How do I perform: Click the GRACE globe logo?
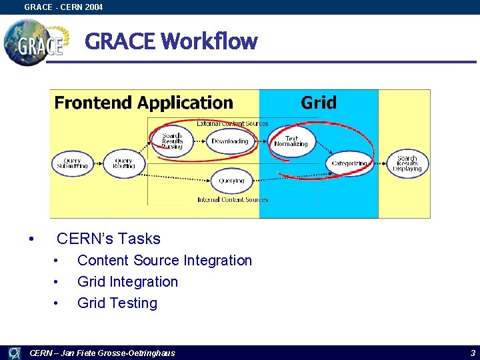coord(35,42)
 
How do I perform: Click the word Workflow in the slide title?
coord(209,41)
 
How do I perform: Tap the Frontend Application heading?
coord(143,103)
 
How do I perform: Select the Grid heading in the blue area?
coord(319,103)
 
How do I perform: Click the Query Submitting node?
coord(72,163)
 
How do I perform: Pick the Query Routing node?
coord(124,163)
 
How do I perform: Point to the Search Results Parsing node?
coord(172,141)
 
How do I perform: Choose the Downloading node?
coord(229,141)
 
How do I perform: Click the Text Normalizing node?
coord(291,141)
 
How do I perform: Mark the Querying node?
coord(231,181)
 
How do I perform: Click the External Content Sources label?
coord(233,123)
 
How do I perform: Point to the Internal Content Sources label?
coord(233,199)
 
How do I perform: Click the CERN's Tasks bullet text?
coord(109,239)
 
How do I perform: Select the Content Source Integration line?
coord(165,261)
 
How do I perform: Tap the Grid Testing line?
coord(117,303)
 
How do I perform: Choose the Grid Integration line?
coord(127,282)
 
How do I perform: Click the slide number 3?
coord(473,353)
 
